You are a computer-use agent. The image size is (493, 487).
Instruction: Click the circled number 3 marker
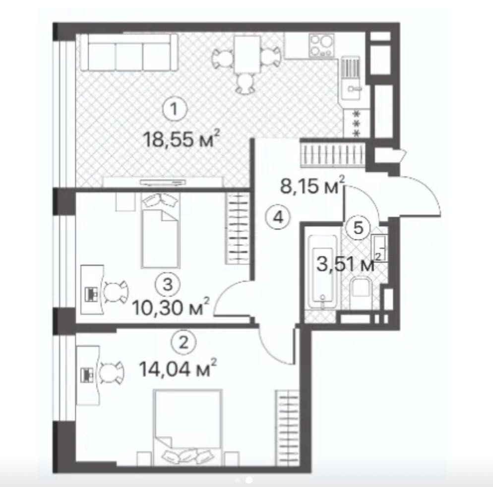point(168,284)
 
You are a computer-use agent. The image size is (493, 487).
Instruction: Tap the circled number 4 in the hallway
point(280,217)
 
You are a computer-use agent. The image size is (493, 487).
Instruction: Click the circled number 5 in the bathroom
point(360,228)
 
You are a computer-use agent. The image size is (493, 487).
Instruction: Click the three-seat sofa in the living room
point(129,53)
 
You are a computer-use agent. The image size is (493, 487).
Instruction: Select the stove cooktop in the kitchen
point(320,45)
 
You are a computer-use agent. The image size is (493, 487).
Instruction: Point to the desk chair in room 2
point(112,371)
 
